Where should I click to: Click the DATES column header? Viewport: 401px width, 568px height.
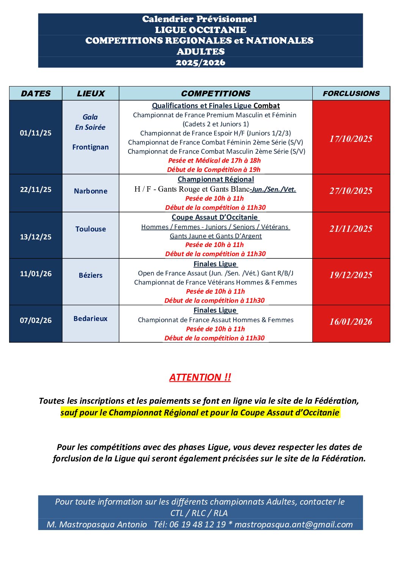pyautogui.click(x=36, y=93)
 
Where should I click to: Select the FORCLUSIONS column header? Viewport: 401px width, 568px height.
pyautogui.click(x=351, y=93)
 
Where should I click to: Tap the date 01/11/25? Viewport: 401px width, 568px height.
pyautogui.click(x=36, y=133)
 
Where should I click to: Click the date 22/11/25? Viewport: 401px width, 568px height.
pyautogui.click(x=36, y=189)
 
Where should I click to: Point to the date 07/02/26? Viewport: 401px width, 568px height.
pyautogui.click(x=36, y=320)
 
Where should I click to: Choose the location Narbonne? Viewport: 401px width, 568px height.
pyautogui.click(x=91, y=191)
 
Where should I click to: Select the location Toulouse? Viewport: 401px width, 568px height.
pyautogui.click(x=91, y=229)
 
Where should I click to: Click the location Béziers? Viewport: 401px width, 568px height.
pyautogui.click(x=91, y=275)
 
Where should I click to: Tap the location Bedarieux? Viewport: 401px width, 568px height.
pyautogui.click(x=91, y=318)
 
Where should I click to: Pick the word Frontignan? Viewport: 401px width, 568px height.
pyautogui.click(x=91, y=147)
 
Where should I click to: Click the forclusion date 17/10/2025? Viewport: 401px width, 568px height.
pyautogui.click(x=351, y=139)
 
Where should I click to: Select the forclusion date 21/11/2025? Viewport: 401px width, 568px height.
pyautogui.click(x=351, y=229)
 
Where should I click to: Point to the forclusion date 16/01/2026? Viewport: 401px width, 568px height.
pyautogui.click(x=351, y=322)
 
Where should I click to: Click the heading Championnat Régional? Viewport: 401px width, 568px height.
pyautogui.click(x=216, y=179)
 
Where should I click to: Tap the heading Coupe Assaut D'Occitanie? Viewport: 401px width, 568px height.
pyautogui.click(x=215, y=217)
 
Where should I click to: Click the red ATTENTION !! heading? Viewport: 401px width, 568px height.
pyautogui.click(x=200, y=377)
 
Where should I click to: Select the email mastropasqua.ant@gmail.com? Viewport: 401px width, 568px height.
pyautogui.click(x=294, y=524)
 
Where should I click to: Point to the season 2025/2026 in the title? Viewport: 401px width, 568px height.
pyautogui.click(x=200, y=63)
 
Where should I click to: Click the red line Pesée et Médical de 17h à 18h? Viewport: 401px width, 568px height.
pyautogui.click(x=215, y=160)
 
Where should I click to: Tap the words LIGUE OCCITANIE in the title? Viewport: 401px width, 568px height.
pyautogui.click(x=200, y=30)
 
